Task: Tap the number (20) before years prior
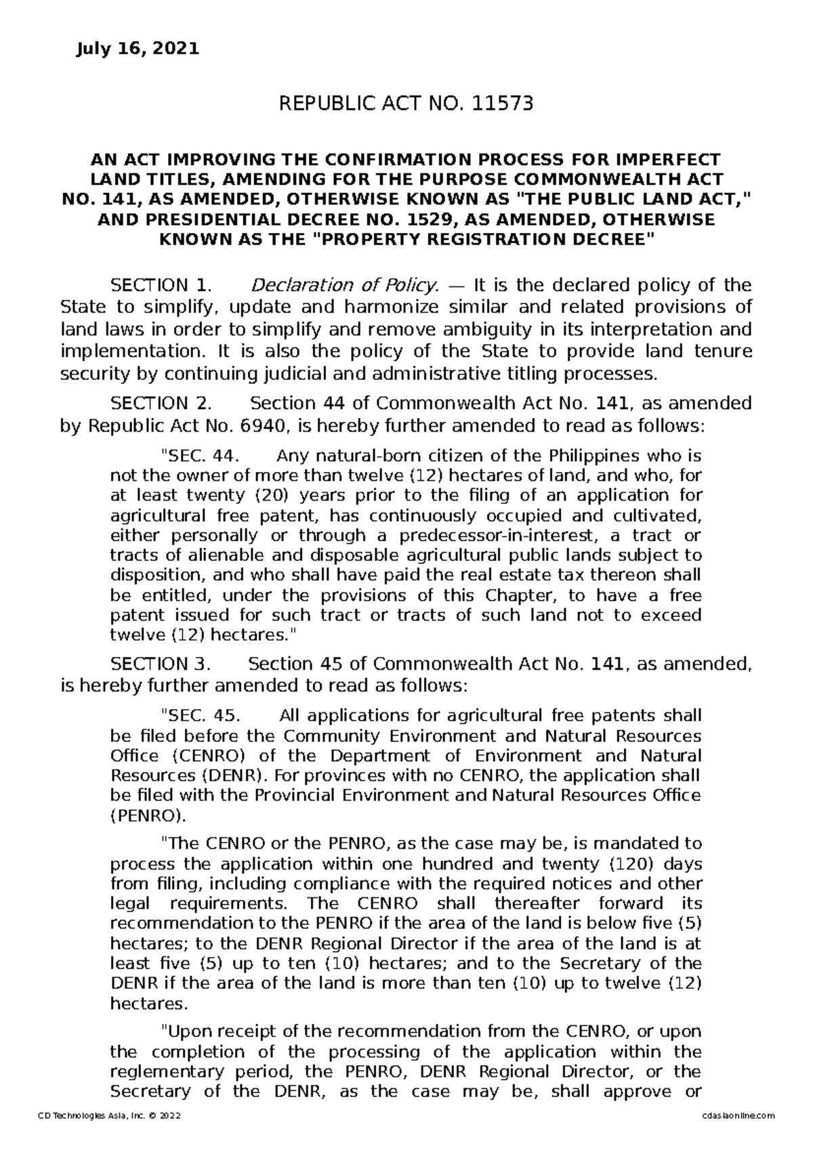(x=262, y=495)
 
